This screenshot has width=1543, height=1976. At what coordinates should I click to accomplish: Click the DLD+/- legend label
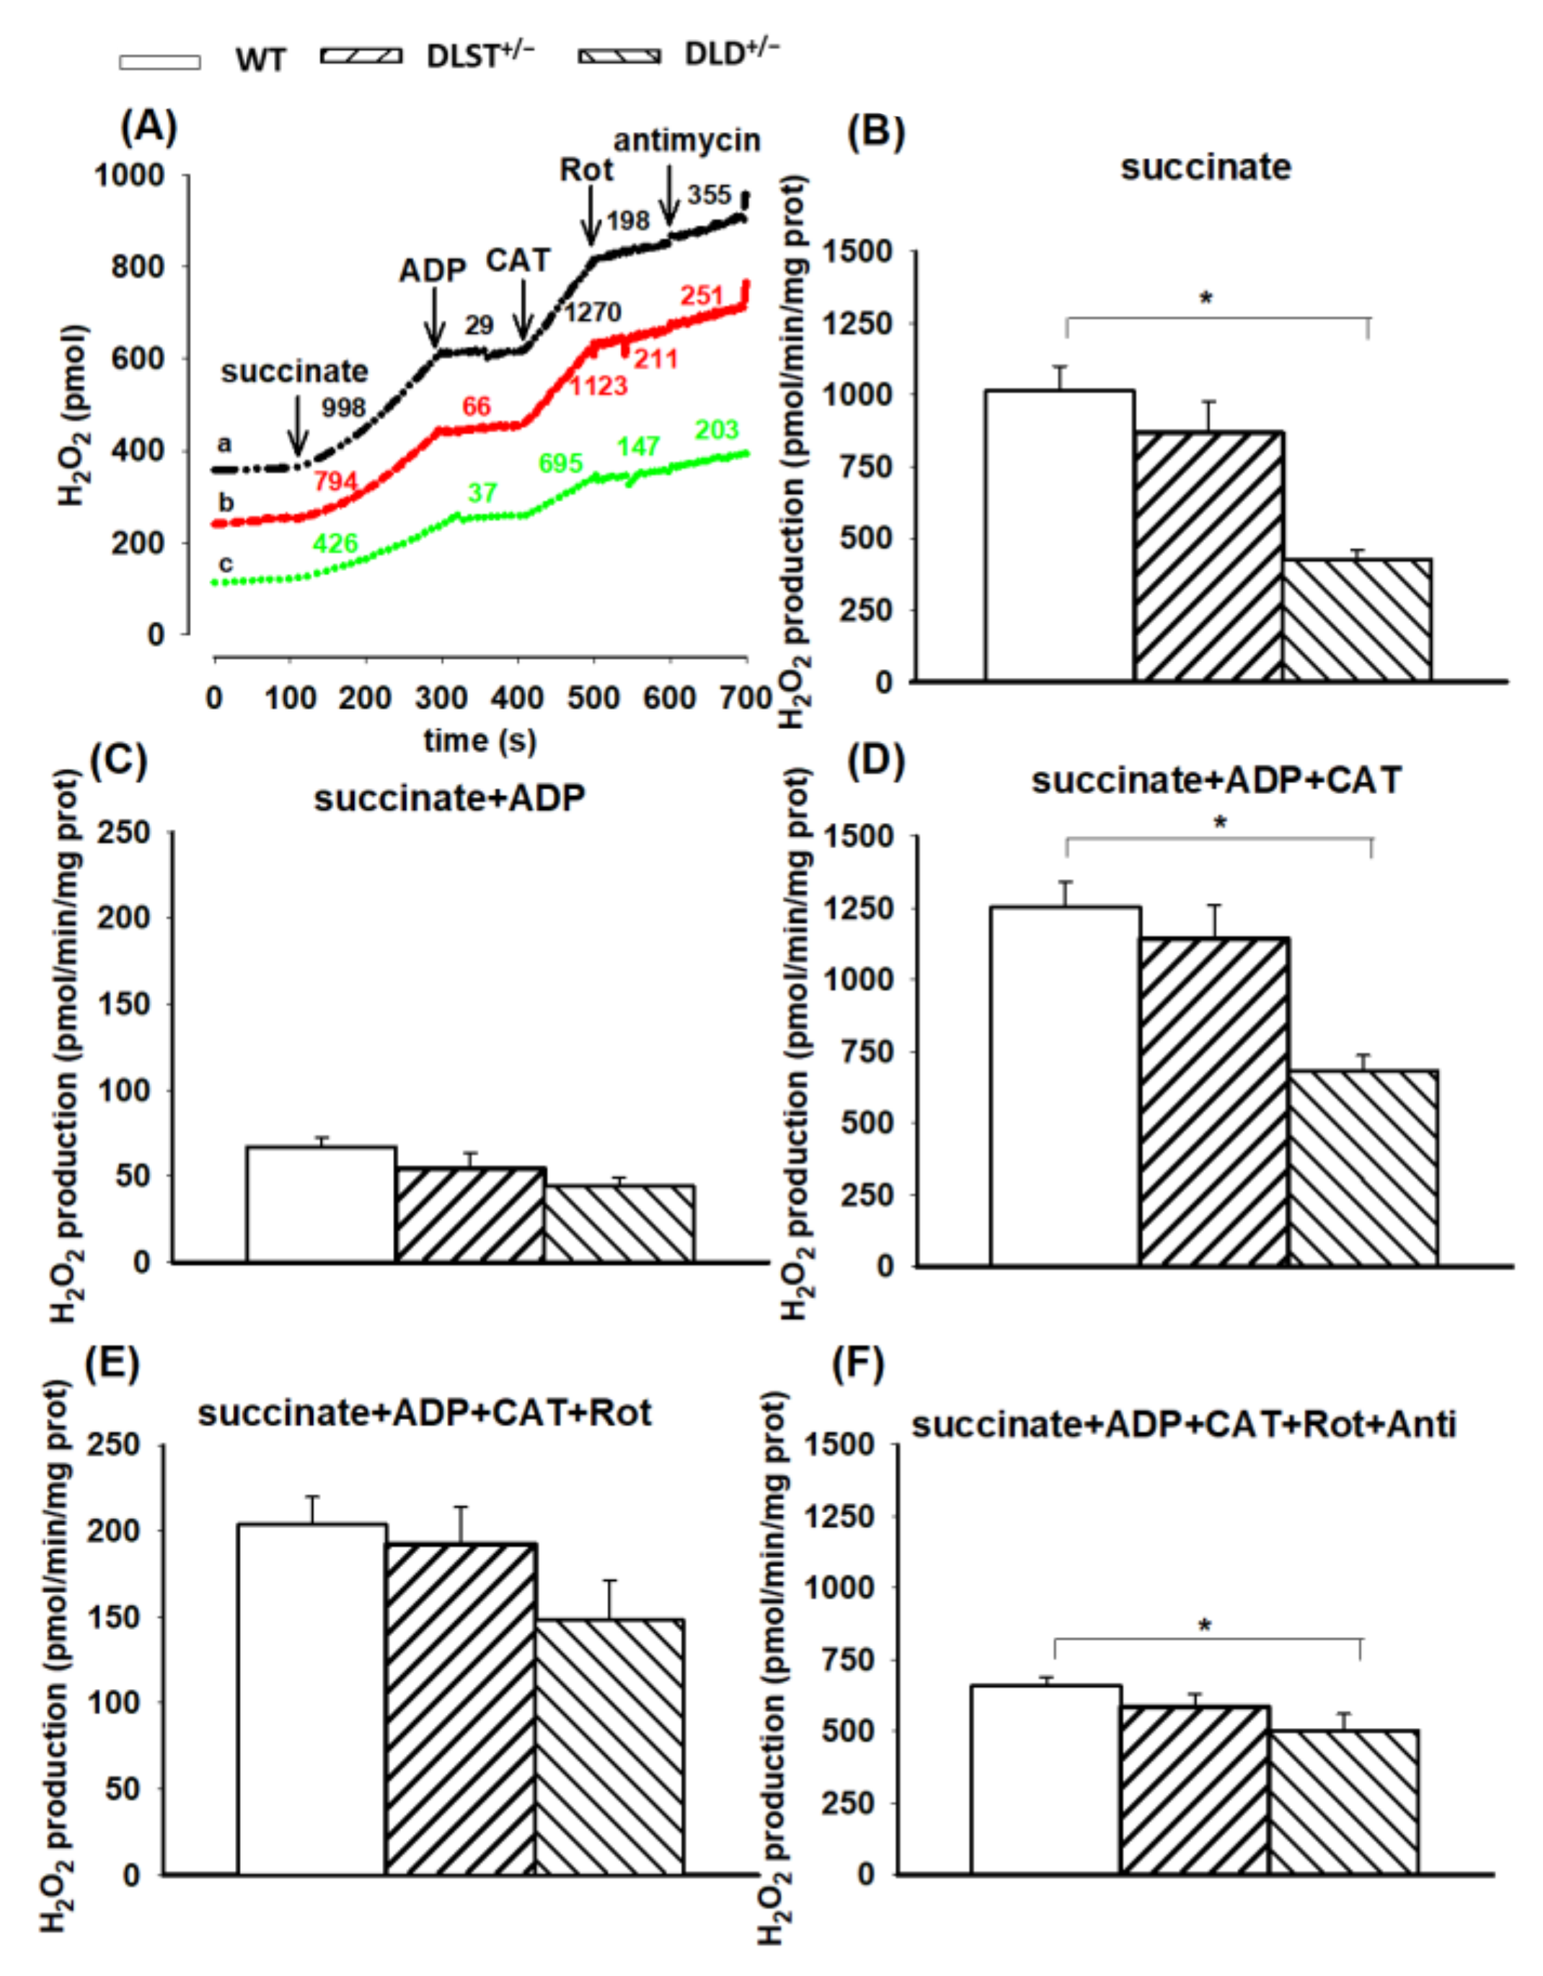[x=732, y=53]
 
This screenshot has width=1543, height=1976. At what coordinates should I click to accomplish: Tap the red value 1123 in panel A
[x=598, y=387]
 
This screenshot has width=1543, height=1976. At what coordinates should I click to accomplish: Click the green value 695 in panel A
[x=561, y=463]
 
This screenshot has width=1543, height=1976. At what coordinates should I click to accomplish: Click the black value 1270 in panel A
[x=593, y=313]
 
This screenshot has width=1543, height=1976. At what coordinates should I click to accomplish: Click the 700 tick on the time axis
[x=747, y=697]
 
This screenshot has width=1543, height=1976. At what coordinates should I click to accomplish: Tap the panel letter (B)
[x=875, y=131]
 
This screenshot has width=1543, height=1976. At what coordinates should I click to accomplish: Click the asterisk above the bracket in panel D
[x=1220, y=824]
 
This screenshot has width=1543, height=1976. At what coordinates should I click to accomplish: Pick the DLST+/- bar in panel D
[x=1213, y=1101]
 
